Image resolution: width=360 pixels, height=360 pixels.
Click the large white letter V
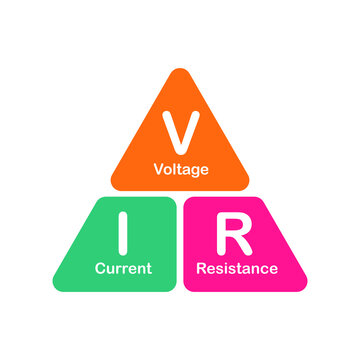(180, 129)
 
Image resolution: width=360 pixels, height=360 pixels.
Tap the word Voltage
(180, 169)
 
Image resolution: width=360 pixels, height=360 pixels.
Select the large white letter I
(123, 233)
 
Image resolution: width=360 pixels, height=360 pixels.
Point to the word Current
(123, 268)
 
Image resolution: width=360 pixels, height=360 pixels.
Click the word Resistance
(237, 268)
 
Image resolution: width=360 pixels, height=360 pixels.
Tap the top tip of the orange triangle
(180, 73)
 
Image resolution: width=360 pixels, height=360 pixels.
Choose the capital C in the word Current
(99, 268)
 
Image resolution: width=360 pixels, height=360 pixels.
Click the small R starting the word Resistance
(201, 268)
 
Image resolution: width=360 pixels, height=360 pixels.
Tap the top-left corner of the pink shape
(188, 200)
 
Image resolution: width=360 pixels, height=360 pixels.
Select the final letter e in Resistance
(273, 269)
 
